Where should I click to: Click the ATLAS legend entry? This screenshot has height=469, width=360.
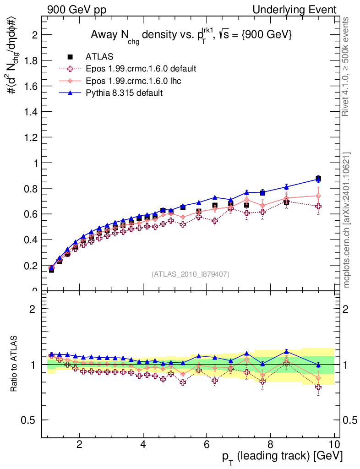tap(99, 57)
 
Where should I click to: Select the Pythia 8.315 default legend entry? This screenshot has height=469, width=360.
tap(124, 93)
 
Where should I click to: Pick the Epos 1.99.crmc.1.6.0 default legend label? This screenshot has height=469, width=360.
tap(141, 69)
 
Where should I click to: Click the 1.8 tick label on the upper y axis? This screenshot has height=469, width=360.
tap(30, 60)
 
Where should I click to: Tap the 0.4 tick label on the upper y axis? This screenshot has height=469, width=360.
tap(30, 240)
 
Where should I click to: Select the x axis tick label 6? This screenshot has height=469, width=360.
tap(207, 445)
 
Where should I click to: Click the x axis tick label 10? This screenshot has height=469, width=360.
tap(334, 445)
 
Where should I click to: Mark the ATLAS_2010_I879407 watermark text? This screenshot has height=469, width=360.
tap(191, 274)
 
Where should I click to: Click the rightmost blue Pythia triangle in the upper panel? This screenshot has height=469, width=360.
tap(318, 179)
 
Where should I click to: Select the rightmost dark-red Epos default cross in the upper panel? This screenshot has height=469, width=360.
tap(318, 206)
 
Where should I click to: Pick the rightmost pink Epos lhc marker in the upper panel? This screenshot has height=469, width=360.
tap(318, 196)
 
